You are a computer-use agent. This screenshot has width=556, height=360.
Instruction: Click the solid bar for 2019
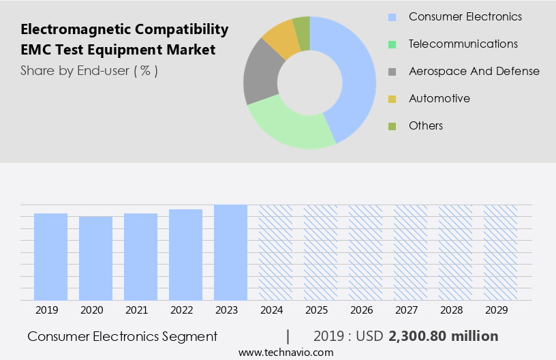(50, 256)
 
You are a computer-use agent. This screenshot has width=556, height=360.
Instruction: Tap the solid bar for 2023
(230, 252)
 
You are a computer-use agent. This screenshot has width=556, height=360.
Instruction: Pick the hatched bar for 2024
(275, 252)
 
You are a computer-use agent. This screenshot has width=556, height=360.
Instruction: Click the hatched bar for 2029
(500, 252)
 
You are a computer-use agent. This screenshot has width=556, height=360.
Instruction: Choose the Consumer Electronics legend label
(465, 16)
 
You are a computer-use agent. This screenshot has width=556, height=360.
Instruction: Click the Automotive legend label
(439, 98)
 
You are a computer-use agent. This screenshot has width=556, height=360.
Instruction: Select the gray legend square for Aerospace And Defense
(392, 72)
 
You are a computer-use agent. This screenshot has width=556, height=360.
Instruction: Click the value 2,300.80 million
(443, 336)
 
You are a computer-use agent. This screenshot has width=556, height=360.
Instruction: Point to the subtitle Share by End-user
(89, 70)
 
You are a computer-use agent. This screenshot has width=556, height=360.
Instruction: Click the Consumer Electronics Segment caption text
(123, 336)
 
